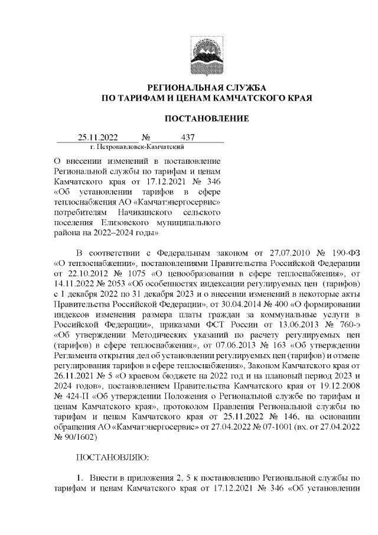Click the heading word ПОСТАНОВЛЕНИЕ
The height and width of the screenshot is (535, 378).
pyautogui.click(x=206, y=119)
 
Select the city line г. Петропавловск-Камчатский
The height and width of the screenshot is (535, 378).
pyautogui.click(x=137, y=146)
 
